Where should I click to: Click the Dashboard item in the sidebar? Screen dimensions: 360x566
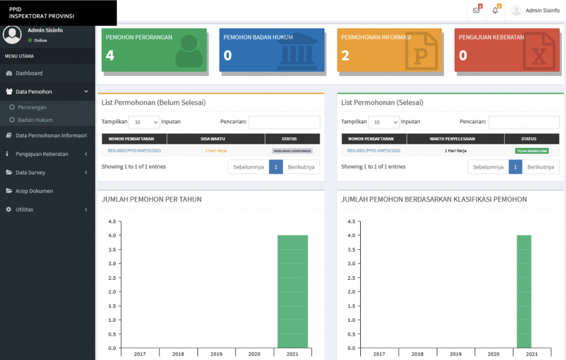click(29, 73)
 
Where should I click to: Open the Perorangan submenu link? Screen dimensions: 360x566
click(32, 107)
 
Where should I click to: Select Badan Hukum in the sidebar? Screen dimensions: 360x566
click(35, 120)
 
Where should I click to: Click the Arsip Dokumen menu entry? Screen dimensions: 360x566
click(34, 191)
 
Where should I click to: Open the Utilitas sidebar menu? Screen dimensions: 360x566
click(25, 209)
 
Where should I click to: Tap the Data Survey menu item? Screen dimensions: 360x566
click(31, 172)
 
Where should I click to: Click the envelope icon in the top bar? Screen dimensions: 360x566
click(476, 10)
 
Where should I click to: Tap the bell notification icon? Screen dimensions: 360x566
click(495, 10)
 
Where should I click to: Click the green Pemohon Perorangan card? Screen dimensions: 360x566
click(154, 50)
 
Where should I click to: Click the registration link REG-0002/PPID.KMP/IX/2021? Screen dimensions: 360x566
click(134, 151)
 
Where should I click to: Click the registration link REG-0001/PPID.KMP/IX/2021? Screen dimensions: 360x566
click(374, 151)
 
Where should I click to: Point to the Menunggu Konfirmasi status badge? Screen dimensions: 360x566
click(292, 151)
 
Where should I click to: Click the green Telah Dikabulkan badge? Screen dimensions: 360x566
click(532, 151)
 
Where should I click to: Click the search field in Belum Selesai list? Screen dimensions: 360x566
click(284, 122)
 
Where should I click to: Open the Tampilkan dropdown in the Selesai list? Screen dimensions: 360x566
click(384, 122)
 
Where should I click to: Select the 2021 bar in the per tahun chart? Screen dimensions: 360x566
click(292, 291)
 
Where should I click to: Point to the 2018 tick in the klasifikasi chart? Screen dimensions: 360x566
click(417, 354)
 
